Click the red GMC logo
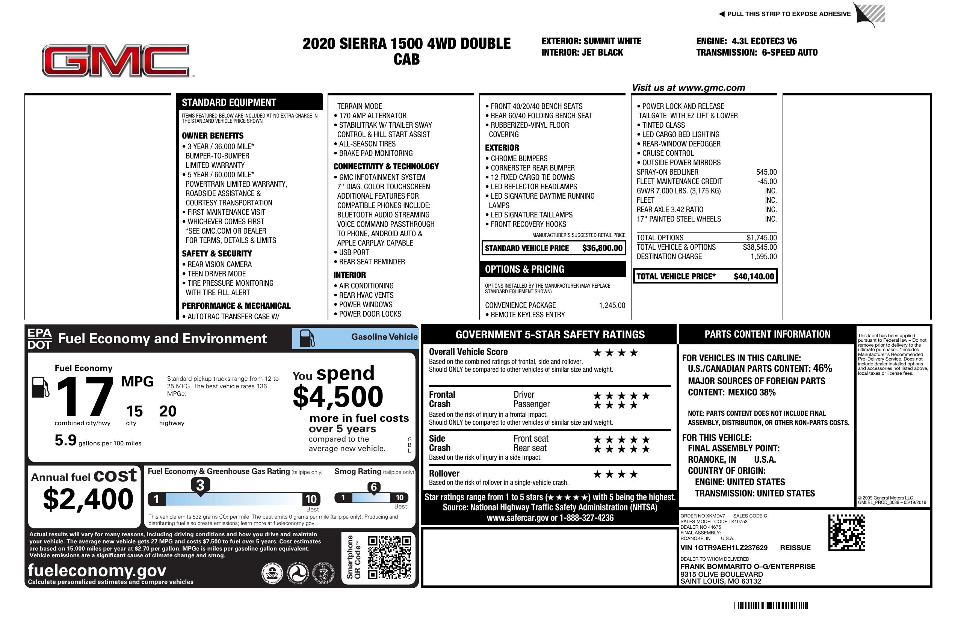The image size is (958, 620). (116, 60)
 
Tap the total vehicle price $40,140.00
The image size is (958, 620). (754, 276)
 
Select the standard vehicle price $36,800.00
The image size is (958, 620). (602, 248)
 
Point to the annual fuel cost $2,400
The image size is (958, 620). (88, 499)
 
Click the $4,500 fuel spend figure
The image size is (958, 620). (338, 397)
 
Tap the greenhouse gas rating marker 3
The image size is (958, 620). (200, 485)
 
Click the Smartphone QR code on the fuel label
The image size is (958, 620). (389, 557)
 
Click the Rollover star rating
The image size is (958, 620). (615, 474)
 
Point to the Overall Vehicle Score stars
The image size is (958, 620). (615, 353)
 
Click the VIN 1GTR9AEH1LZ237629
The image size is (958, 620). (724, 548)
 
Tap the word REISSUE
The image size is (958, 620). (795, 548)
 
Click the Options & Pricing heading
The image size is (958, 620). (524, 269)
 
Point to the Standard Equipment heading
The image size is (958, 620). (229, 103)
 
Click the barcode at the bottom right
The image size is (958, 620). (771, 605)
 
